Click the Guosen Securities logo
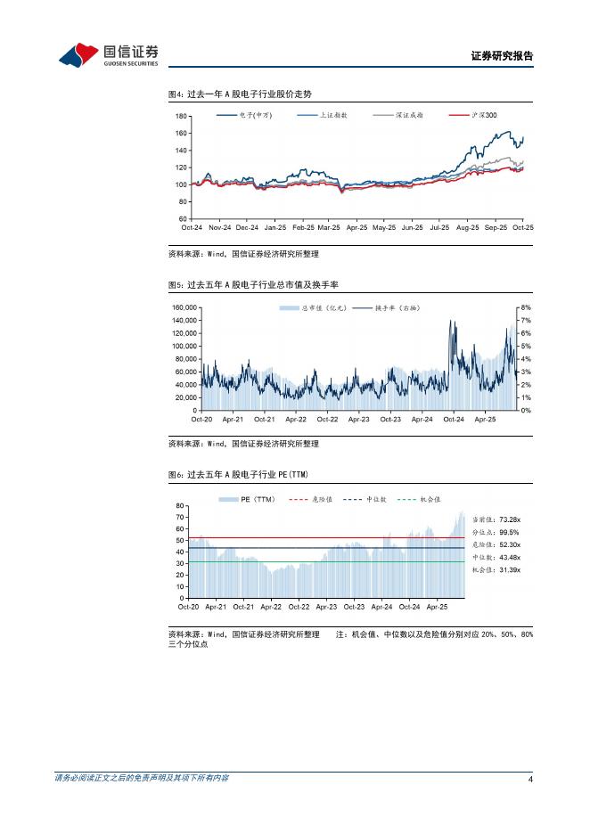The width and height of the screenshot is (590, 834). [x=108, y=54]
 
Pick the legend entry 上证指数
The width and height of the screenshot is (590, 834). [x=333, y=116]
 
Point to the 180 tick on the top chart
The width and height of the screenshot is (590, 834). [x=181, y=117]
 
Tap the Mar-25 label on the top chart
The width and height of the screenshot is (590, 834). [x=329, y=228]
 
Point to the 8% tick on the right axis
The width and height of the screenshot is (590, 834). [x=525, y=307]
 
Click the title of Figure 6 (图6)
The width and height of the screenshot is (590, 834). [x=243, y=475]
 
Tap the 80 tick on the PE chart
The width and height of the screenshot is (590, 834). [x=180, y=505]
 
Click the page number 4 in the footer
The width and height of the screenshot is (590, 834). [x=530, y=780]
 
